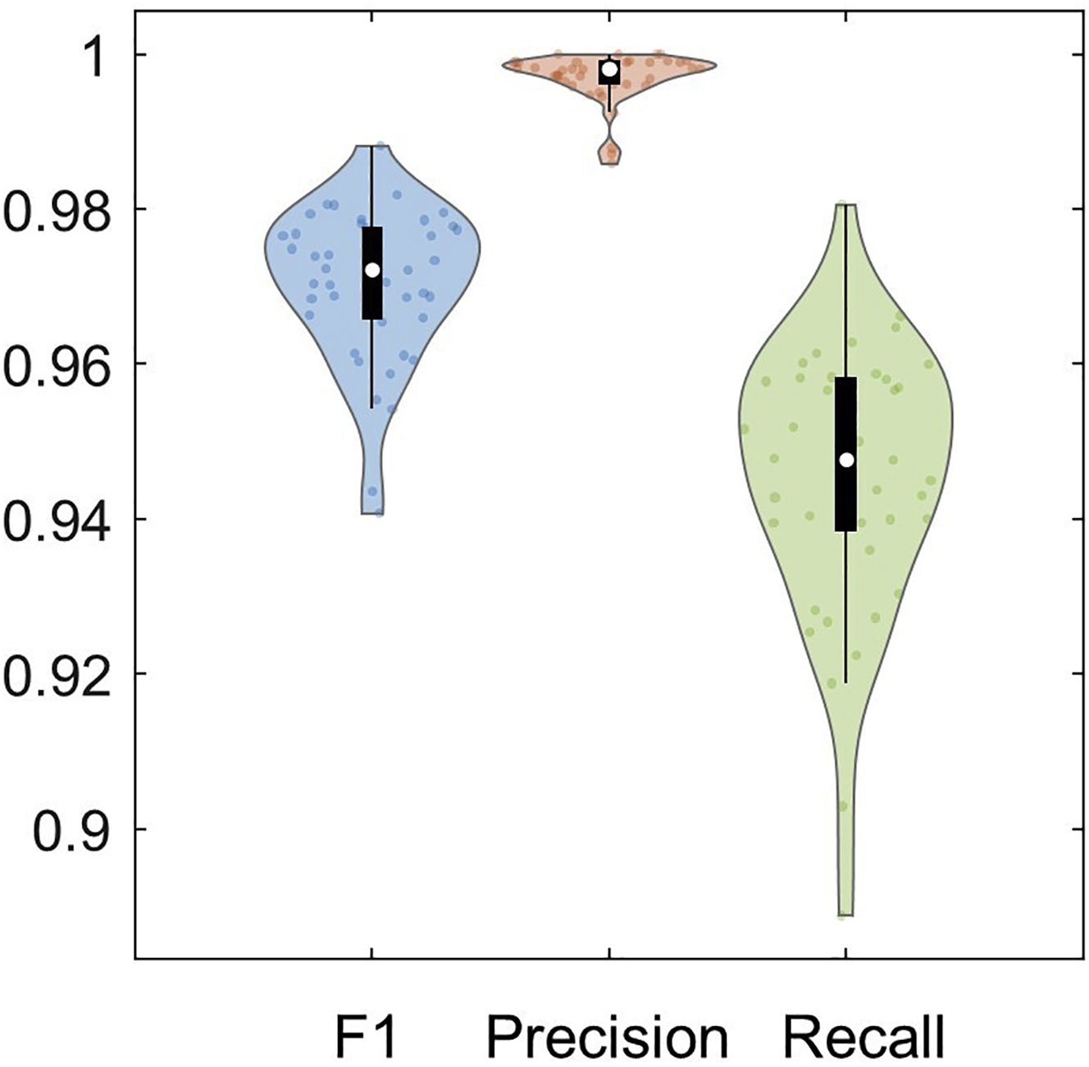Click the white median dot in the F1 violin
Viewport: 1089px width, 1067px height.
pyautogui.click(x=372, y=270)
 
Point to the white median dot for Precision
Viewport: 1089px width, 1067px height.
pyautogui.click(x=609, y=70)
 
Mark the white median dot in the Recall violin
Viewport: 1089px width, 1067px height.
pyautogui.click(x=846, y=460)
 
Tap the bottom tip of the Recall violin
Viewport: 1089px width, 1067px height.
pyautogui.click(x=845, y=913)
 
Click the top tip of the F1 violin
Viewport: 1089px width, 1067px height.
pyautogui.click(x=373, y=148)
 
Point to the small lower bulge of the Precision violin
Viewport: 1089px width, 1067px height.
pyautogui.click(x=610, y=152)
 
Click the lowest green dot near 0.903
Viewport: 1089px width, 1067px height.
pyautogui.click(x=842, y=806)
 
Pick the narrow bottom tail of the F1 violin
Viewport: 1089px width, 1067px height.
pyautogui.click(x=372, y=496)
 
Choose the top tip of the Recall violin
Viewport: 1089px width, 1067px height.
pyautogui.click(x=845, y=207)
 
